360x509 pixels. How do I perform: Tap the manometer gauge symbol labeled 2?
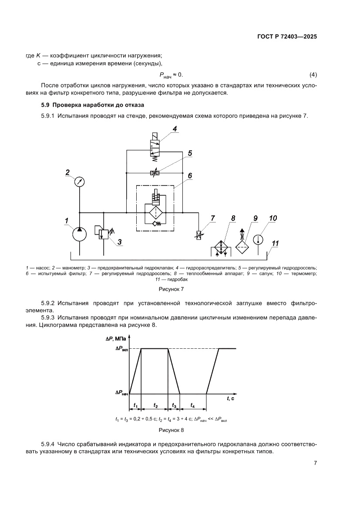[80, 182]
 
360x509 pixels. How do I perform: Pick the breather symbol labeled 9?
[242, 245]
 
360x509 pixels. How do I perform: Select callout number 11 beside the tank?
[275, 243]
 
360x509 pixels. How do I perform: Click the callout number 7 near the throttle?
[213, 218]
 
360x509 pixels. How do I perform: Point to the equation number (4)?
[313, 74]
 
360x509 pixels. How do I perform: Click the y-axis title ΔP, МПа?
[115, 339]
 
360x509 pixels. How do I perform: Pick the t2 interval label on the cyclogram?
[156, 405]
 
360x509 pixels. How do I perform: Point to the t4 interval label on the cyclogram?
[193, 405]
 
